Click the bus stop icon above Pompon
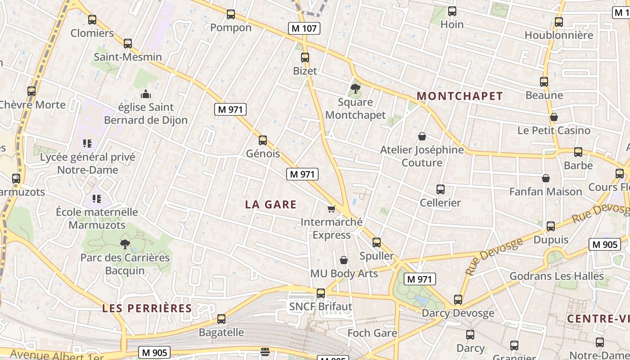point(231,14)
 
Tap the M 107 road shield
point(304,28)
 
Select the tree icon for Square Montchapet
point(355,88)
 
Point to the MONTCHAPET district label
point(459,96)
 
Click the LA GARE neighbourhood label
point(271,205)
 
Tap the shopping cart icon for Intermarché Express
point(332,209)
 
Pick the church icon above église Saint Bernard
point(146,94)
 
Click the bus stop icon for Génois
point(263,140)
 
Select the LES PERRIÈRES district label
point(147,308)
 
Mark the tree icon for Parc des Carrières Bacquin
point(125,244)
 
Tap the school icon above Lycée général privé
point(87,144)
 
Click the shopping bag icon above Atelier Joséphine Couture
point(422,136)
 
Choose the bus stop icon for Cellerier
point(441,189)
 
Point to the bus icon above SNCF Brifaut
point(321,293)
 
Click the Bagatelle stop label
point(221,333)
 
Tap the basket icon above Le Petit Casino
point(554,117)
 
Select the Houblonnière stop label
point(559,35)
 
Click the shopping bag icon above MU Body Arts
point(344,260)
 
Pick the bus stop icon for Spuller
point(377,243)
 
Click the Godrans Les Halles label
point(557,276)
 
